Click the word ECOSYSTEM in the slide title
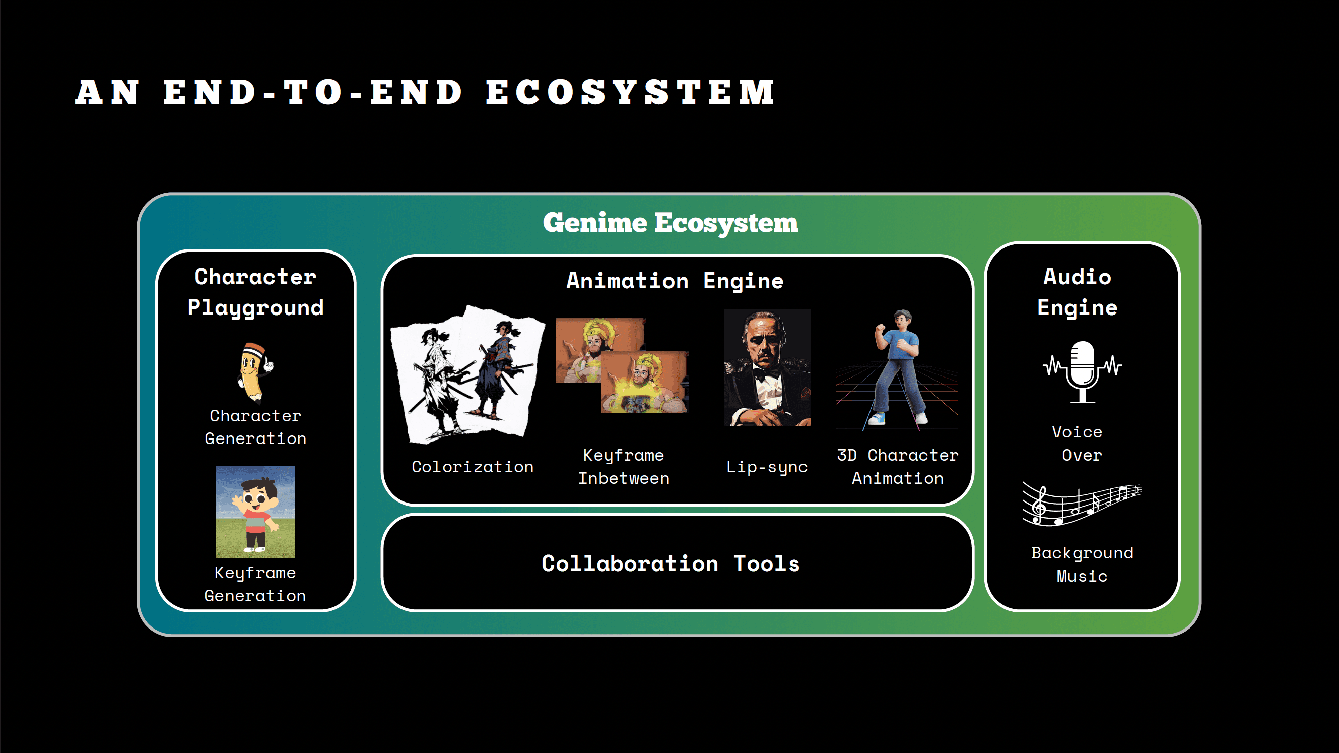pyautogui.click(x=630, y=92)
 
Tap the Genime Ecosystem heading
pyautogui.click(x=670, y=223)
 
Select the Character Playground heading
pyautogui.click(x=255, y=292)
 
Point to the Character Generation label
pyautogui.click(x=255, y=427)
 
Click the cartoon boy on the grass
pyautogui.click(x=255, y=512)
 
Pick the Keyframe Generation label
pyautogui.click(x=255, y=584)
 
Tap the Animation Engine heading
pyautogui.click(x=675, y=281)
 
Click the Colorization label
pyautogui.click(x=473, y=466)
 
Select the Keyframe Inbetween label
pyautogui.click(x=624, y=466)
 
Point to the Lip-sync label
pyautogui.click(x=767, y=466)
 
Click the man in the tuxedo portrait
pyautogui.click(x=767, y=367)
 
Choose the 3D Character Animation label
pyautogui.click(x=898, y=466)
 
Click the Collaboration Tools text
pyautogui.click(x=671, y=563)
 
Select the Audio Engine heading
pyautogui.click(x=1078, y=292)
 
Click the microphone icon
pyautogui.click(x=1083, y=371)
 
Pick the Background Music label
pyautogui.click(x=1082, y=564)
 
